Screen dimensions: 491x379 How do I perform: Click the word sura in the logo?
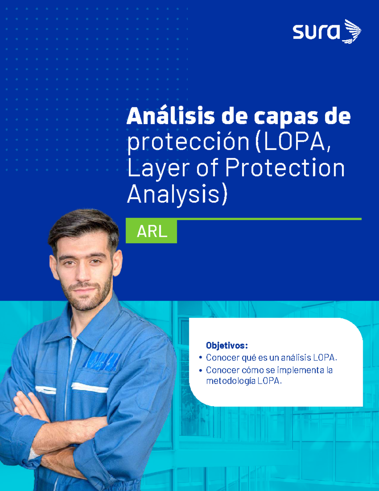click(316, 32)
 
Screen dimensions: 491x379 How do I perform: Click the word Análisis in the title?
click(171, 116)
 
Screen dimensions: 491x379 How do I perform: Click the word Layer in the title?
click(158, 168)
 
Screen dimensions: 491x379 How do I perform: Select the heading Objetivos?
click(226, 346)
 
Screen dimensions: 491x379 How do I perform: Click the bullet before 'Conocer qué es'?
click(201, 358)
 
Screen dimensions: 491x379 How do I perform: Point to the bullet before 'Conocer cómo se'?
click(201, 370)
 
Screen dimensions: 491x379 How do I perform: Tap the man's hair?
click(84, 224)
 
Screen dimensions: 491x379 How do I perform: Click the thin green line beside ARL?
click(268, 219)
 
